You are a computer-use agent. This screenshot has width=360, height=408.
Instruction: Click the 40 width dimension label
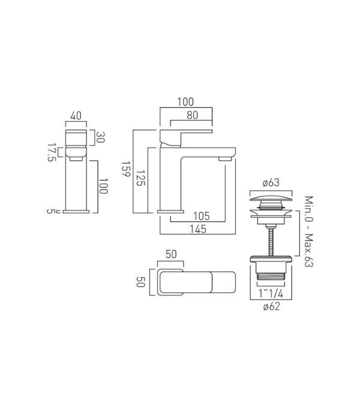(x=76, y=116)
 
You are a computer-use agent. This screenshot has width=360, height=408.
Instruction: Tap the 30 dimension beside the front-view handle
(x=100, y=137)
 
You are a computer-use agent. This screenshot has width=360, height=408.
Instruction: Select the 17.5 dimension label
(x=52, y=152)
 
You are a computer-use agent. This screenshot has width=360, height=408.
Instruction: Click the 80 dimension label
(x=192, y=115)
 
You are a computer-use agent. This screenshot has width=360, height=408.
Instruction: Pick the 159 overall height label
(x=126, y=169)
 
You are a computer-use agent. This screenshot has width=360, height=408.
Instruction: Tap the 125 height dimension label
(x=140, y=178)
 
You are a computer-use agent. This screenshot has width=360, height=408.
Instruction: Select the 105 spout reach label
(x=202, y=216)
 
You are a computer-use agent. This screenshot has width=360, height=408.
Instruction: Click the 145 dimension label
(x=198, y=229)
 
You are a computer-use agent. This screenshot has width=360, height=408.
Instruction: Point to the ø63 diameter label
(x=271, y=182)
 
